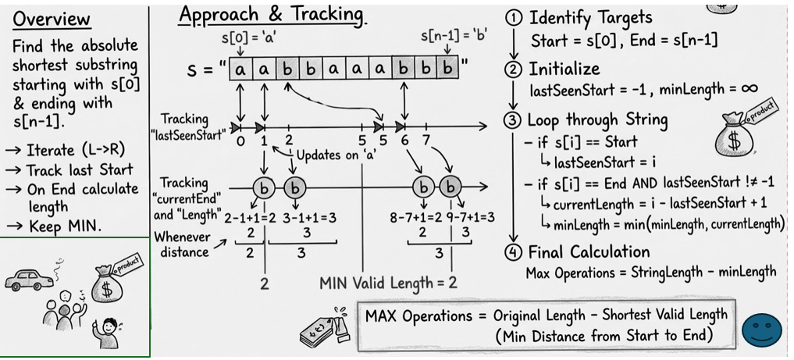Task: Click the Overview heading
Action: pos(52,19)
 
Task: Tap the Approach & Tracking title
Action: pos(271,15)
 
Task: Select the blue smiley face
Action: pos(761,330)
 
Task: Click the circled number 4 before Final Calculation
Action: pos(514,252)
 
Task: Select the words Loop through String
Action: pos(597,119)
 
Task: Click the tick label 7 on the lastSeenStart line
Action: pos(426,141)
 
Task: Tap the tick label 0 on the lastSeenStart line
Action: pos(240,141)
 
